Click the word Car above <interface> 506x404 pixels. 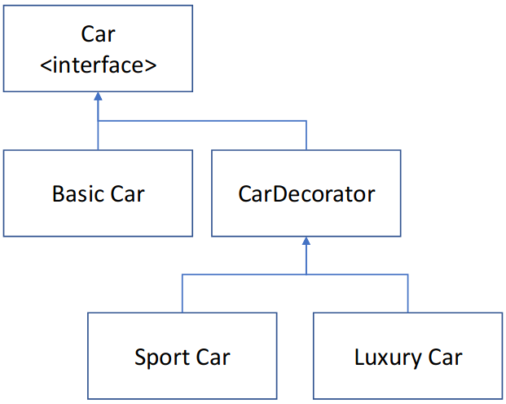98,34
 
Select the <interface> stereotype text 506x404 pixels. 98,64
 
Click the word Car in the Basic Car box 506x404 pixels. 128,194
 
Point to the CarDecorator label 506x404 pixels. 306,194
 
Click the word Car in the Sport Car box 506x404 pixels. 213,357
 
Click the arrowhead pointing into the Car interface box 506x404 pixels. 98,96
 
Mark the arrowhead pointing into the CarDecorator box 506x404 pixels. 306,242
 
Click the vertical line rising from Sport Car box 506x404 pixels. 183,294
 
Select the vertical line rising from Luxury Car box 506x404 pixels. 407,294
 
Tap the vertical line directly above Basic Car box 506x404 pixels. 98,136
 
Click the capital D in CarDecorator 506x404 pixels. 275,194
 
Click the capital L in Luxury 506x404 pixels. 359,357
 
